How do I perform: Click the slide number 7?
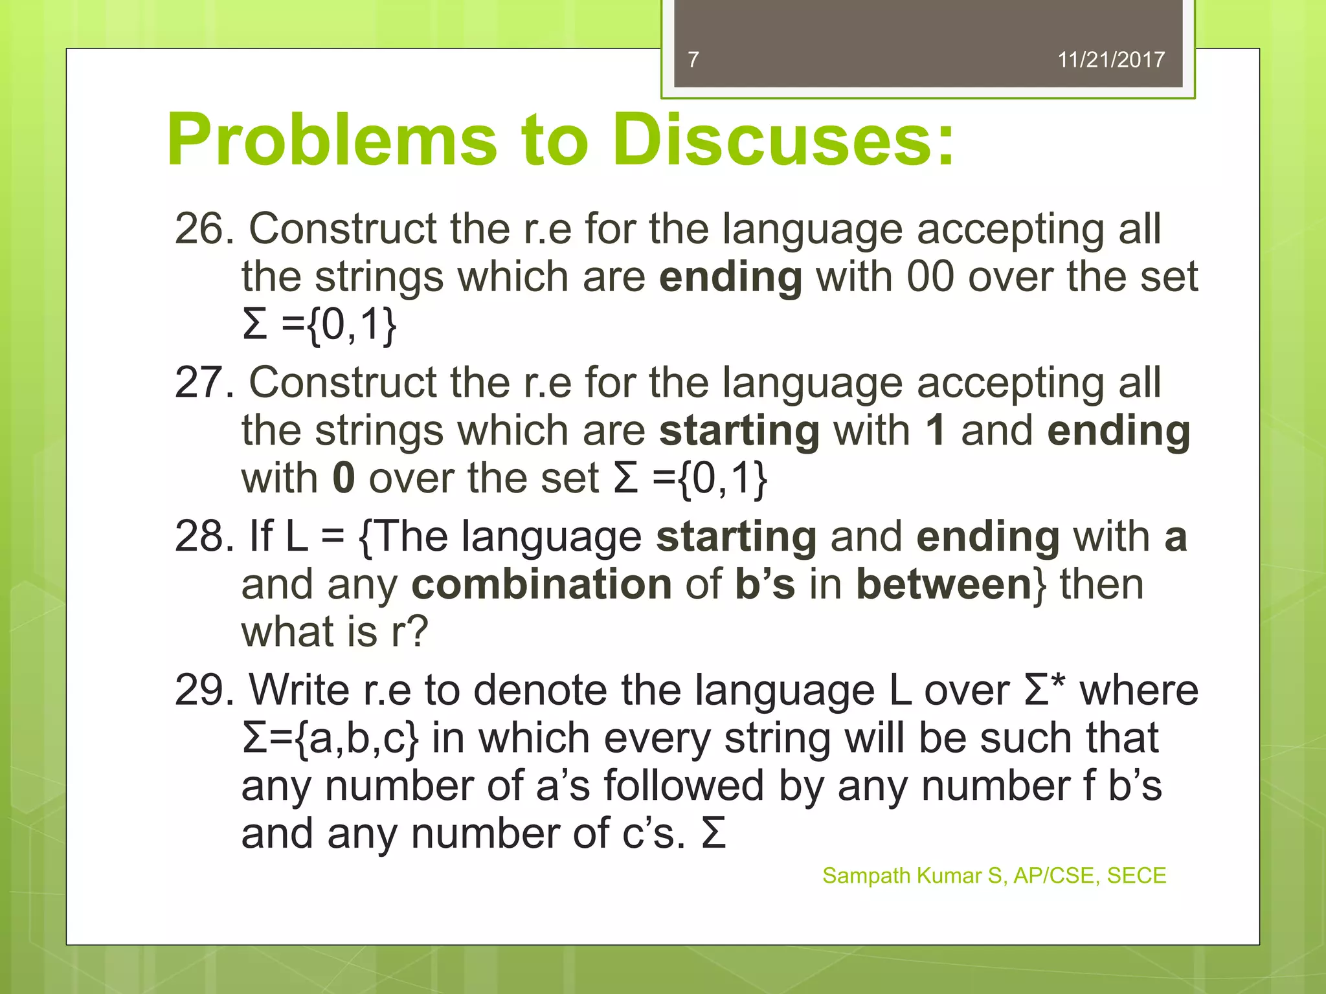pos(693,60)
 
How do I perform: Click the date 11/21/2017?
pos(1110,60)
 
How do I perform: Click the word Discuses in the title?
pos(783,140)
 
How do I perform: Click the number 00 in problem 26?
pos(930,277)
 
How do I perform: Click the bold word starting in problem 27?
pos(739,431)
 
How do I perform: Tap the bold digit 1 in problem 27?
pos(935,430)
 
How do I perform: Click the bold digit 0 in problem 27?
pos(344,478)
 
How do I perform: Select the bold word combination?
pos(541,584)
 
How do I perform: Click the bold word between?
pos(943,584)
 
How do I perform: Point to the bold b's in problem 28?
pos(765,584)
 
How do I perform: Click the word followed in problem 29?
pos(684,786)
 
